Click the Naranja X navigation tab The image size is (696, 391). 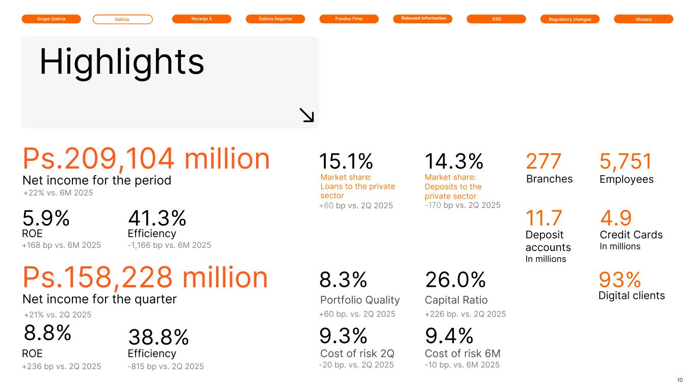pyautogui.click(x=201, y=19)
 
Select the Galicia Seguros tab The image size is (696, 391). pyautogui.click(x=275, y=19)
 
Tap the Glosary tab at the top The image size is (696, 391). pyautogui.click(x=643, y=19)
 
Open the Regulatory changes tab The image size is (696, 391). pyautogui.click(x=570, y=19)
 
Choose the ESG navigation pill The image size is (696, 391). pyautogui.click(x=496, y=19)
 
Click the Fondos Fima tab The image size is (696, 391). pyautogui.click(x=349, y=19)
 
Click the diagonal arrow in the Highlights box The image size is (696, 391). pyautogui.click(x=306, y=115)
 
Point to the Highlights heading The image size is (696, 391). pyautogui.click(x=122, y=62)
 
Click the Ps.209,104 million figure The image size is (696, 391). pyautogui.click(x=146, y=159)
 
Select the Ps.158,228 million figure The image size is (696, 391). pyautogui.click(x=145, y=277)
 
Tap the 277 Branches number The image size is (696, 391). pyautogui.click(x=544, y=161)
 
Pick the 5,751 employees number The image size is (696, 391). pyautogui.click(x=626, y=161)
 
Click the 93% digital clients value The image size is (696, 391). pyautogui.click(x=620, y=280)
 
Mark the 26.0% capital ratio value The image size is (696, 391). pyautogui.click(x=455, y=280)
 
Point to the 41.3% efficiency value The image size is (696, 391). pyautogui.click(x=157, y=218)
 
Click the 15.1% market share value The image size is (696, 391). pyautogui.click(x=346, y=161)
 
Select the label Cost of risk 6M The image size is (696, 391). pyautogui.click(x=462, y=353)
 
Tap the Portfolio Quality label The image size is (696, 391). pyautogui.click(x=360, y=300)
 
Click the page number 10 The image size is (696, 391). pyautogui.click(x=680, y=380)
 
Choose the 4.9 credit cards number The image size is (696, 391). pyautogui.click(x=616, y=218)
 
